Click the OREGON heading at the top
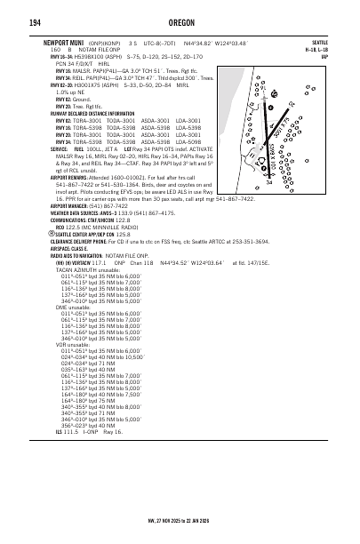click(180, 23)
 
